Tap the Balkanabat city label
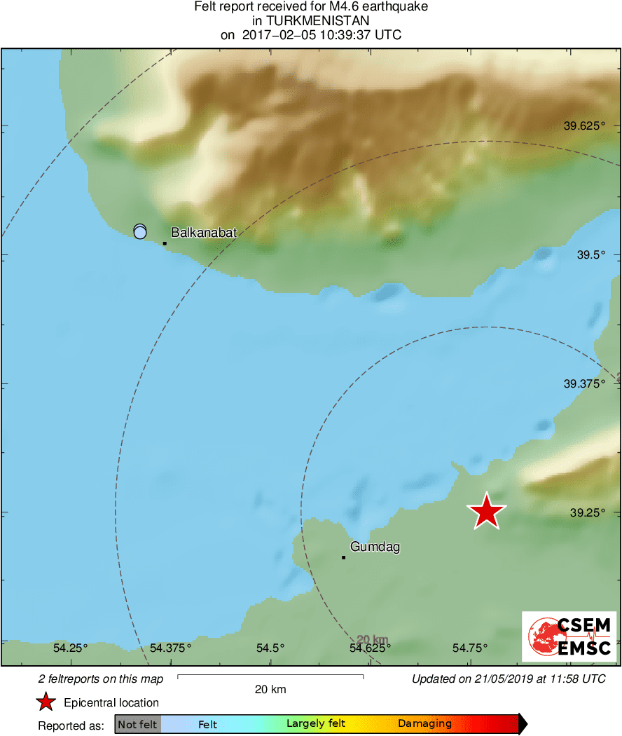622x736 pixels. point(204,233)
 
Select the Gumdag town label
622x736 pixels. point(375,547)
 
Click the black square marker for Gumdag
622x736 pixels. point(343,557)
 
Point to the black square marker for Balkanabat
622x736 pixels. point(165,243)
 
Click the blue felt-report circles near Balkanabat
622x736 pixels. point(140,231)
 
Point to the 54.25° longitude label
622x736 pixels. point(71,648)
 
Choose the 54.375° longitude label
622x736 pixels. point(170,648)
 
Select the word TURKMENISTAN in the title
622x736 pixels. point(311,21)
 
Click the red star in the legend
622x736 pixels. point(46,702)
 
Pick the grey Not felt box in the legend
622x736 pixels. point(138,724)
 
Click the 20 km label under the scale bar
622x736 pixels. point(270,690)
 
